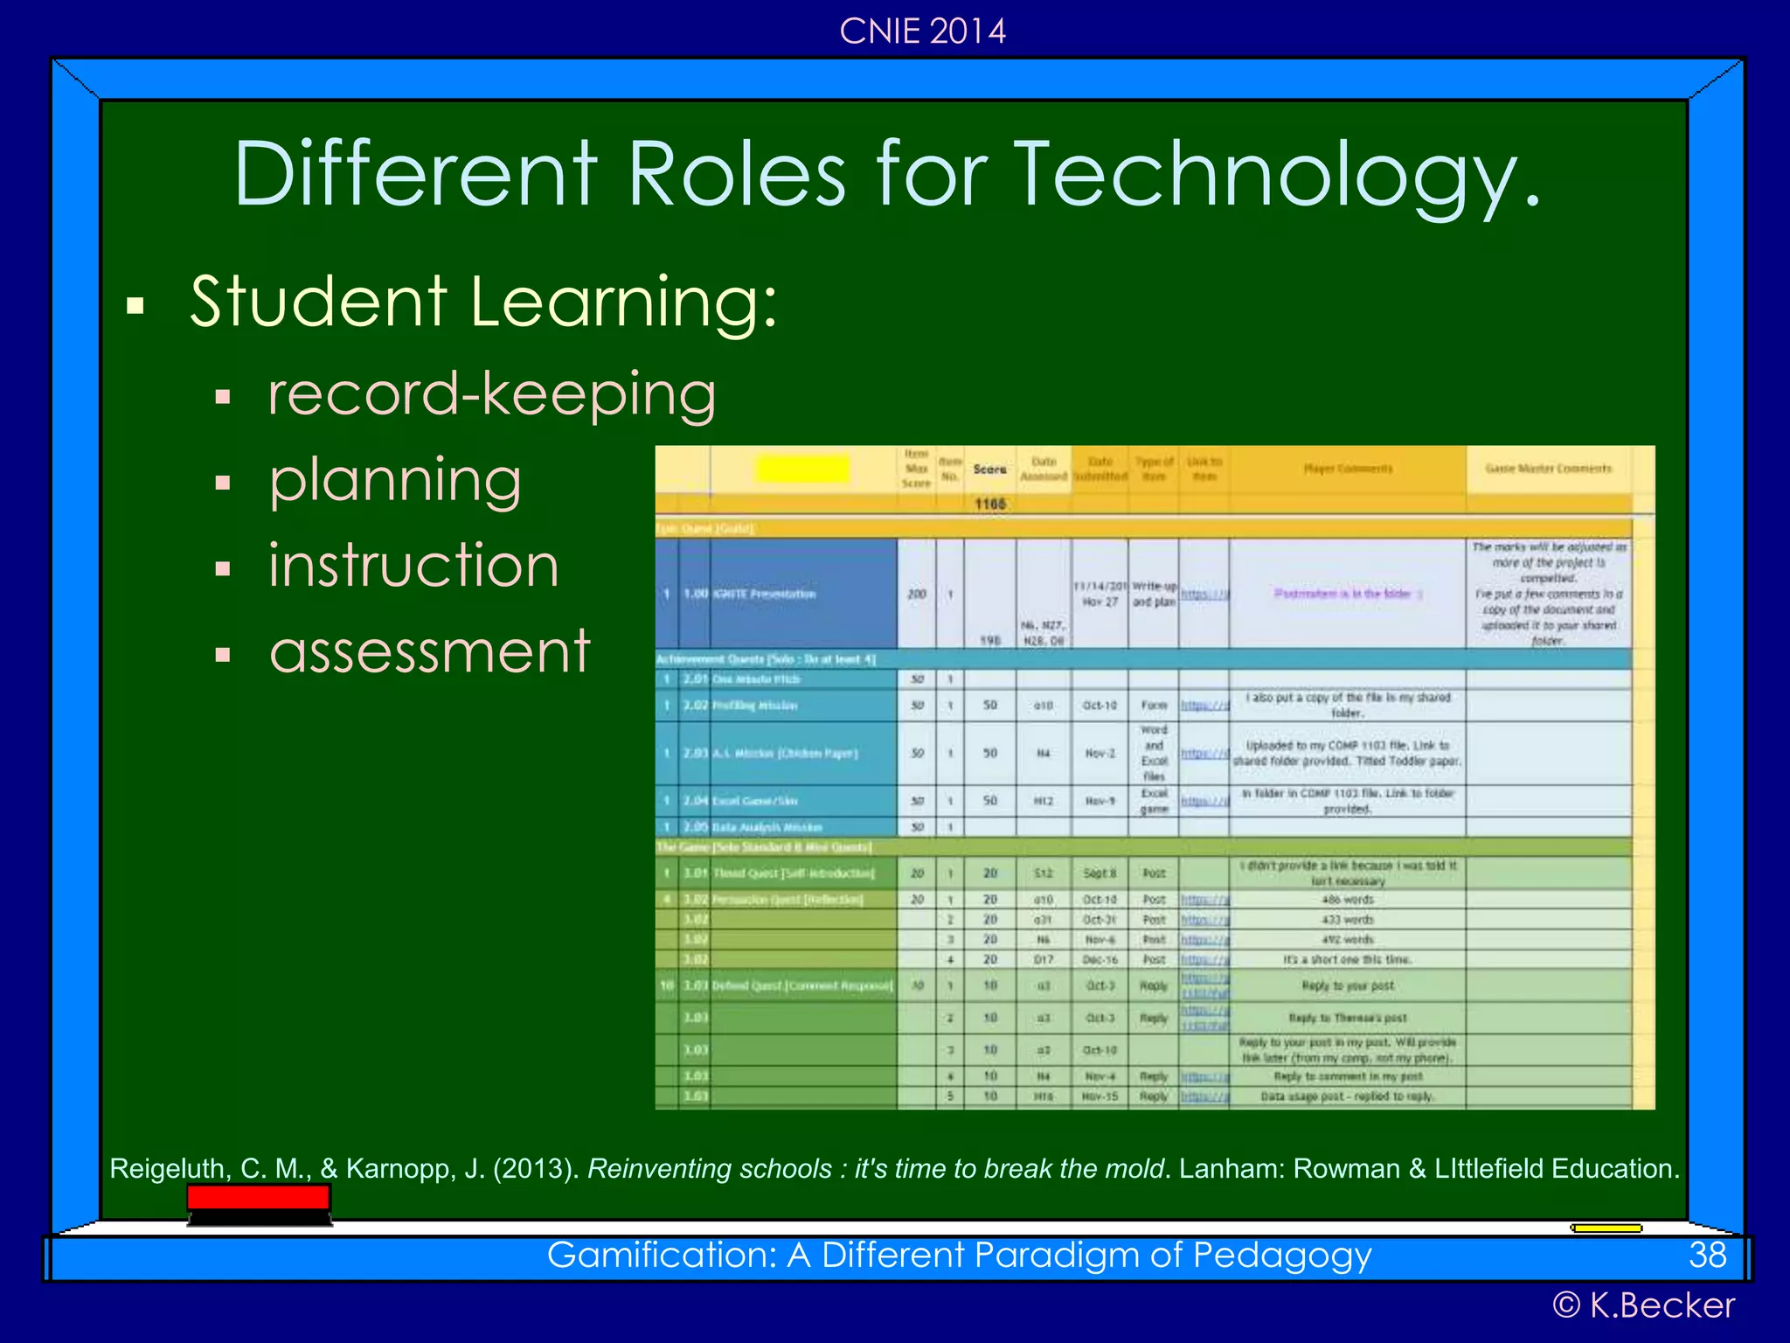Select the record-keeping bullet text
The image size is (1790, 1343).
click(x=492, y=394)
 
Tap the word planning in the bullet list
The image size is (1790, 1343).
click(x=395, y=480)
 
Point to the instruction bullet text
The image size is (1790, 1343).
click(x=413, y=565)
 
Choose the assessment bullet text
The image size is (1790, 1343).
click(x=430, y=651)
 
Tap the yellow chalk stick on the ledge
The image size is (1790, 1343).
click(x=1606, y=1228)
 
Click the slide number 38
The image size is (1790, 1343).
click(x=1707, y=1256)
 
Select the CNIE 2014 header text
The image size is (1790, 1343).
click(x=922, y=31)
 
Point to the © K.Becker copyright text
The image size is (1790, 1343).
click(x=1643, y=1305)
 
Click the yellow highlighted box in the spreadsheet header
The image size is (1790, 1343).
click(x=802, y=469)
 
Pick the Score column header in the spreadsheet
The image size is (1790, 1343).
click(x=989, y=470)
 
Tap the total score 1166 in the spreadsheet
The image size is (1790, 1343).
click(x=990, y=504)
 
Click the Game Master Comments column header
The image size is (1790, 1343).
click(x=1548, y=469)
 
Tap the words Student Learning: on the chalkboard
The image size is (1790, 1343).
click(x=483, y=302)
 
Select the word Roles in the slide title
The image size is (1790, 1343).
click(x=737, y=175)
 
